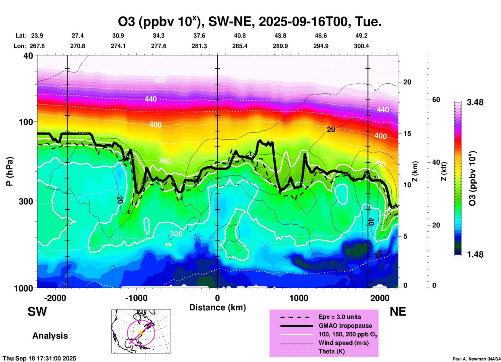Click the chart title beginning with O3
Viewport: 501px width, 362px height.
click(x=250, y=22)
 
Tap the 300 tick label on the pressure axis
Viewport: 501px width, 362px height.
click(x=26, y=201)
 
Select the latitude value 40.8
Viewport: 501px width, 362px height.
click(x=240, y=36)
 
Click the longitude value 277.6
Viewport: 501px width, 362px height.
click(x=159, y=46)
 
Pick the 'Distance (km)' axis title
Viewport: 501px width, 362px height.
click(x=217, y=307)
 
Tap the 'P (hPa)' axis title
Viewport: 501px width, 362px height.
click(x=10, y=171)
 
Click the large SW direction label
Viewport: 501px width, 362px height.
click(x=37, y=312)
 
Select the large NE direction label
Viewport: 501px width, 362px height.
click(x=398, y=312)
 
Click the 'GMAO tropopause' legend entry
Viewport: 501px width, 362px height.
click(x=345, y=326)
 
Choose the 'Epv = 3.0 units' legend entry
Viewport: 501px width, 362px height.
click(x=340, y=317)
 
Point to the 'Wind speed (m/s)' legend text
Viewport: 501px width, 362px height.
click(x=343, y=343)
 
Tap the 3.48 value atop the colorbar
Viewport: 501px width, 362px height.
click(x=475, y=102)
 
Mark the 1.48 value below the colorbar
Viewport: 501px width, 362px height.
click(x=475, y=254)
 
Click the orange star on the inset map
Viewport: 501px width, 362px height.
click(x=141, y=332)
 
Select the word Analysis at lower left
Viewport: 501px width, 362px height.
click(x=50, y=336)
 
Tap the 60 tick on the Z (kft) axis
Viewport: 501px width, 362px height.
click(x=436, y=100)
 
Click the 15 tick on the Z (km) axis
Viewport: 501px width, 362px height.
click(x=407, y=133)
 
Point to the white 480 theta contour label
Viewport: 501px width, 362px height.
click(x=160, y=80)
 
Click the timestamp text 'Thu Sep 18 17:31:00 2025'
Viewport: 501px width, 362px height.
click(x=39, y=358)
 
